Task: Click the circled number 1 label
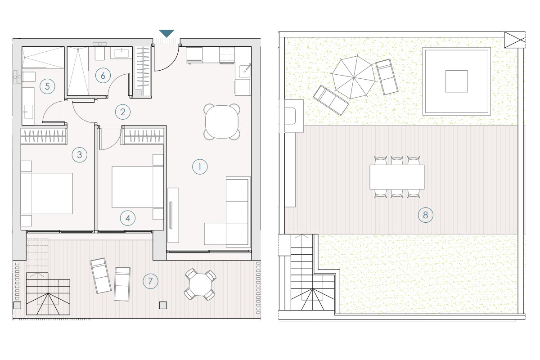[200, 166]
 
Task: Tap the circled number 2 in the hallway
[123, 112]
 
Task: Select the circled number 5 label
[47, 86]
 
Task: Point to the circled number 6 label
[103, 76]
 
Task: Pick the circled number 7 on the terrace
[150, 281]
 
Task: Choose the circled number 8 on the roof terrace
[426, 215]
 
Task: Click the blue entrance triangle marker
[166, 33]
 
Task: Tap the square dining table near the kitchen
[222, 122]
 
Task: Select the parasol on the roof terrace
[354, 77]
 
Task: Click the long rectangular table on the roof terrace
[397, 177]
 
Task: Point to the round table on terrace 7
[200, 285]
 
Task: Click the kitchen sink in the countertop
[244, 71]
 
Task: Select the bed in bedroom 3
[47, 193]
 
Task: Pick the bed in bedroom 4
[138, 187]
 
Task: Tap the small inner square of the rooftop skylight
[457, 81]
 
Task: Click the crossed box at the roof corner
[515, 40]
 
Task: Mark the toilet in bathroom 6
[99, 53]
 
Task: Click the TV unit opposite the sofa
[173, 215]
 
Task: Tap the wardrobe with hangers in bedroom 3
[44, 136]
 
